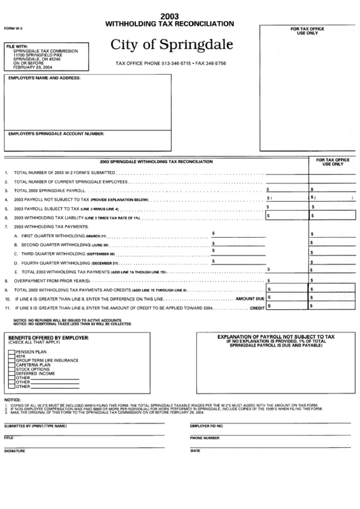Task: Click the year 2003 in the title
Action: click(x=169, y=16)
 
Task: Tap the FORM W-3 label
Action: click(x=12, y=29)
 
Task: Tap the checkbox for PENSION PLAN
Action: click(x=11, y=351)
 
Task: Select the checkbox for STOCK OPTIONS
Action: click(x=11, y=369)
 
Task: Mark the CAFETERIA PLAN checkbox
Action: click(x=11, y=364)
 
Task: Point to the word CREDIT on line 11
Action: click(x=256, y=308)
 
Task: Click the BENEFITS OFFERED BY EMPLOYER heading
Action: click(x=47, y=337)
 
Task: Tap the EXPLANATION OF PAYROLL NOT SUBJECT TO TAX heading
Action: click(x=276, y=336)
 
